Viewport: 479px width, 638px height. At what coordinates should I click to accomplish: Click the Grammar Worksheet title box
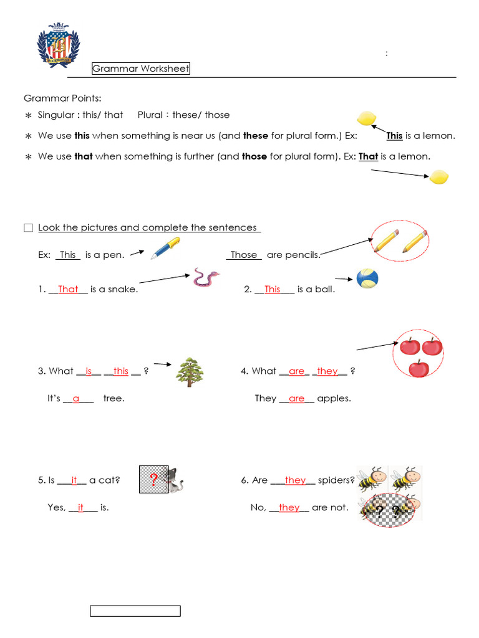(x=141, y=69)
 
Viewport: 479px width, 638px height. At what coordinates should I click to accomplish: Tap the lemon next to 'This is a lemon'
(x=366, y=118)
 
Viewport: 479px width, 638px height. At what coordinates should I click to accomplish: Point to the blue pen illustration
(x=165, y=247)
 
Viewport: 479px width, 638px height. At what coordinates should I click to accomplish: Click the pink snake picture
(x=206, y=277)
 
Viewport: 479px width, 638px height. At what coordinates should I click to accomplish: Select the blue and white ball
(x=367, y=279)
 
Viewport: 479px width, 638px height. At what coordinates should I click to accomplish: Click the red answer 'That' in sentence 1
(x=68, y=289)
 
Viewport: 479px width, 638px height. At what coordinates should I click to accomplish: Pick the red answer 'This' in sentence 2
(x=273, y=289)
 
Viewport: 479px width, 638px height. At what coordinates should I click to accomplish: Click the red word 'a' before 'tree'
(x=76, y=398)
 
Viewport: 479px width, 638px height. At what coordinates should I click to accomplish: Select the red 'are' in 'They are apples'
(x=296, y=398)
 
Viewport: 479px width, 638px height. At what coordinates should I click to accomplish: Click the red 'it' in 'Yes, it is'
(x=80, y=507)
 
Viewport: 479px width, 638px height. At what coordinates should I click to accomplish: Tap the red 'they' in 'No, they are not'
(x=289, y=507)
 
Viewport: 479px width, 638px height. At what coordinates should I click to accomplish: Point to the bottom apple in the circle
(x=419, y=368)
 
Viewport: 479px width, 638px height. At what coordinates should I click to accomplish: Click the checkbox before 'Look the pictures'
(x=28, y=228)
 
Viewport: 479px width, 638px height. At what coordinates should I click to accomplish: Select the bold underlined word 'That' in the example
(x=368, y=156)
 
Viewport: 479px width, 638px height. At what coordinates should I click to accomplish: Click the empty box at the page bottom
(x=135, y=611)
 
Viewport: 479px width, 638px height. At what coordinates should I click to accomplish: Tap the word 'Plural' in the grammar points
(x=150, y=115)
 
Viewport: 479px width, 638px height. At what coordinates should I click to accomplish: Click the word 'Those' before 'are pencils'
(x=244, y=254)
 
